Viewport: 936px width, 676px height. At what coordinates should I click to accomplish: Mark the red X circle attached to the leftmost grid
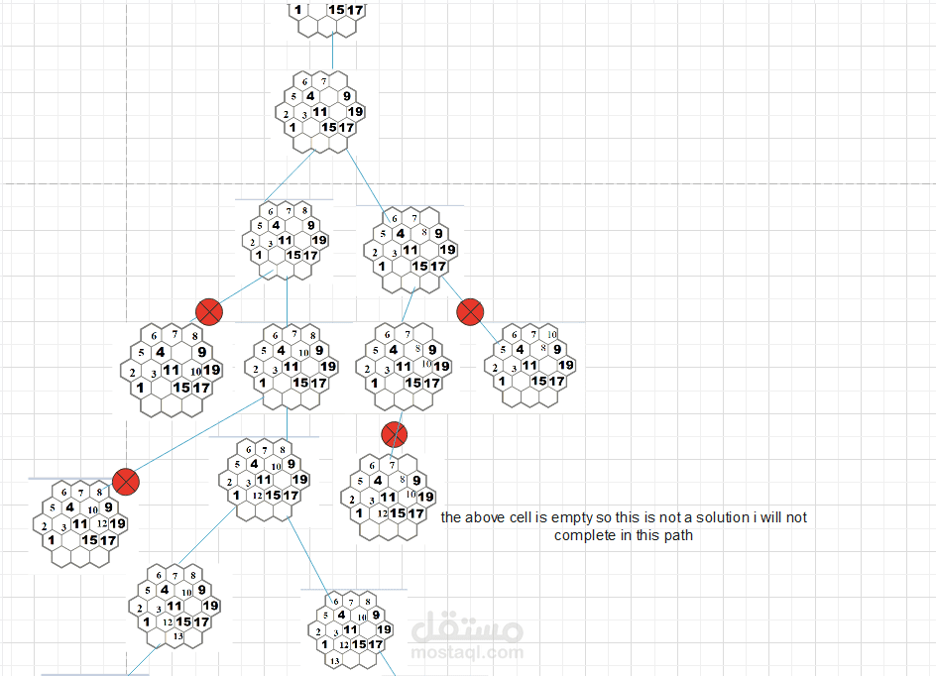(x=125, y=482)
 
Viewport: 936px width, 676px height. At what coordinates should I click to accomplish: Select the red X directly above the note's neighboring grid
(x=395, y=433)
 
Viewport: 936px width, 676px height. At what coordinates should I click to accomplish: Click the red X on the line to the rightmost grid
(x=469, y=311)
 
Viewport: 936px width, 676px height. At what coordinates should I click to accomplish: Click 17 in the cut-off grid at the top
(x=355, y=11)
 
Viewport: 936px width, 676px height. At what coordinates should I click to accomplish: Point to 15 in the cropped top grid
(x=336, y=11)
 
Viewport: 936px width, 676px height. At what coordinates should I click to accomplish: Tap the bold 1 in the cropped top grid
(x=297, y=11)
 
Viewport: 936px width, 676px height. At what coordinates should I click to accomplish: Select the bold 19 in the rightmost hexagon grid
(x=565, y=365)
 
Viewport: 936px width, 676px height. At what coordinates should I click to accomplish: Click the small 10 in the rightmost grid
(x=552, y=334)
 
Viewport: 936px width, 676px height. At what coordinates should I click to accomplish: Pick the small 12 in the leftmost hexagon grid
(x=102, y=522)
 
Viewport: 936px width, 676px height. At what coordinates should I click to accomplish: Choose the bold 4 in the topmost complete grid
(x=310, y=96)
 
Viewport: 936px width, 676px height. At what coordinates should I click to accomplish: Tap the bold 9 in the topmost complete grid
(x=346, y=96)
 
